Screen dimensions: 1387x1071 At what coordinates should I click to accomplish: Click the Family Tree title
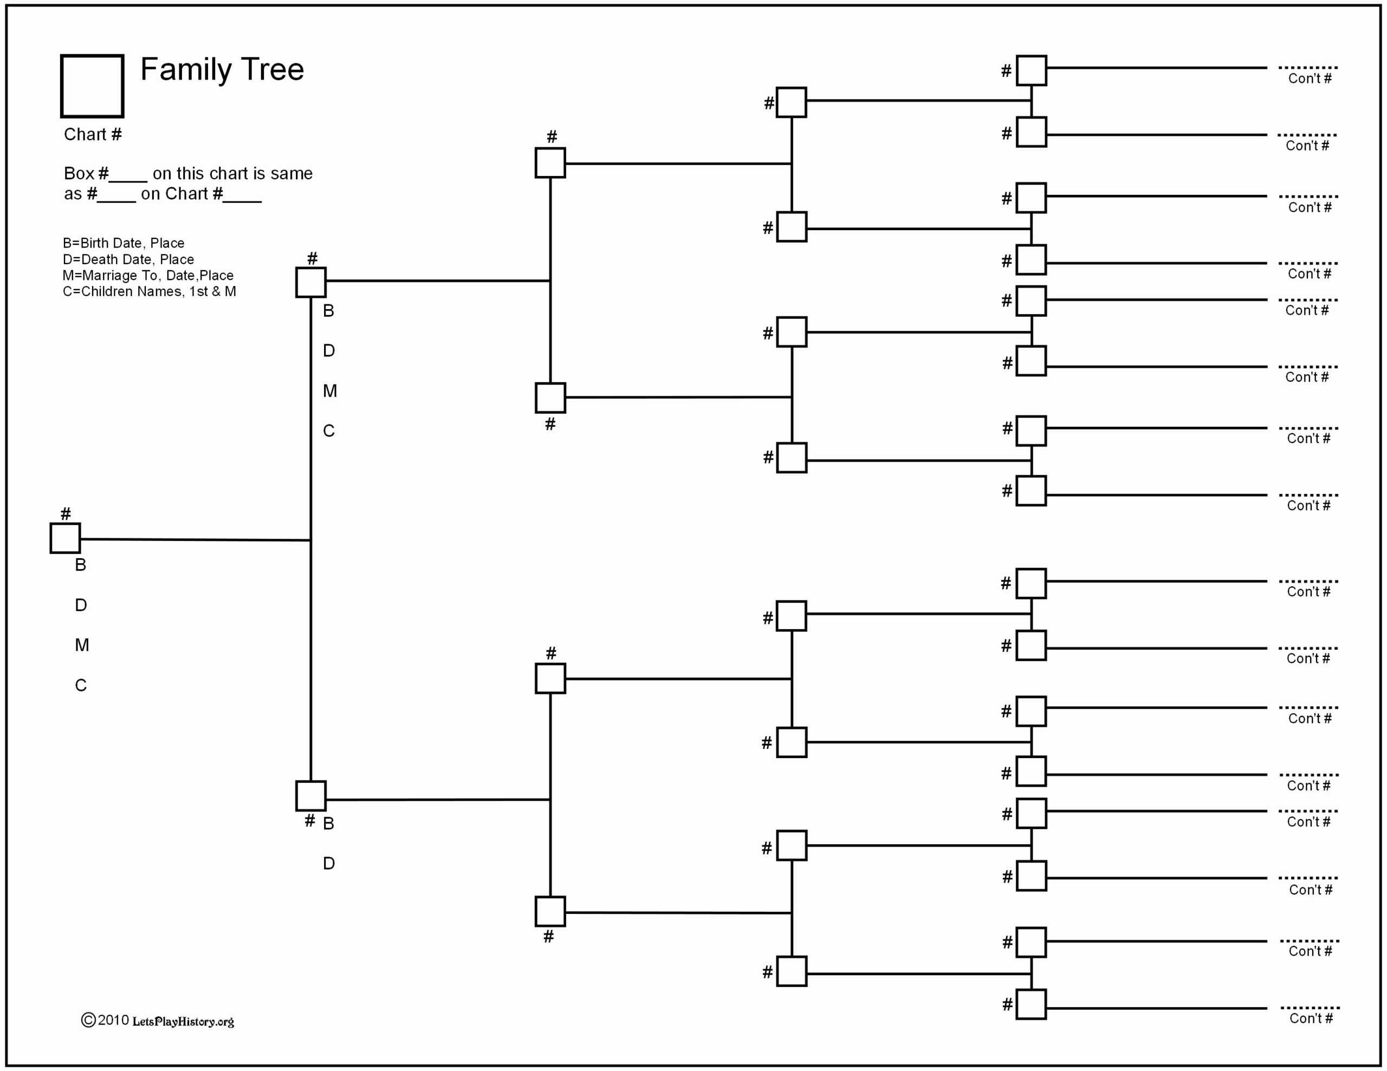pyautogui.click(x=222, y=69)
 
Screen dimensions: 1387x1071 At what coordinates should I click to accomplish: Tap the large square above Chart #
pyautogui.click(x=92, y=56)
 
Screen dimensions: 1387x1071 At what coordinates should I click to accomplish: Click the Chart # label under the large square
pyautogui.click(x=93, y=135)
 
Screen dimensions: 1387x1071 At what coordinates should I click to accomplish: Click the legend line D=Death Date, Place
pyautogui.click(x=128, y=259)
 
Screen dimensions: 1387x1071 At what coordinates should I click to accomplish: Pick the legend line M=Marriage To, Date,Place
pyautogui.click(x=148, y=276)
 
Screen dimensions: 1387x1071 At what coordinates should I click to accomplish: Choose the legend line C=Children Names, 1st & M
pyautogui.click(x=149, y=291)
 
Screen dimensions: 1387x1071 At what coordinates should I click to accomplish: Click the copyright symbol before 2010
pyautogui.click(x=88, y=1020)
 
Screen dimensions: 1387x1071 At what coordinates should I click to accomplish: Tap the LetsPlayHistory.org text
pyautogui.click(x=184, y=1022)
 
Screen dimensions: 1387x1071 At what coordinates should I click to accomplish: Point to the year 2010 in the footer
pyautogui.click(x=114, y=1020)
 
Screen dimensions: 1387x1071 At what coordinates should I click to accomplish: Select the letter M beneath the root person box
pyautogui.click(x=82, y=645)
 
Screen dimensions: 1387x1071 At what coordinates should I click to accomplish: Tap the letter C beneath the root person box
pyautogui.click(x=81, y=685)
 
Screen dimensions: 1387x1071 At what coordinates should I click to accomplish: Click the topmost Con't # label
pyautogui.click(x=1310, y=79)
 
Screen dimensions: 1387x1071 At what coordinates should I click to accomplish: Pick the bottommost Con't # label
pyautogui.click(x=1311, y=1018)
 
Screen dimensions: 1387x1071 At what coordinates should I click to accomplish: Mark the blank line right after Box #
pyautogui.click(x=128, y=181)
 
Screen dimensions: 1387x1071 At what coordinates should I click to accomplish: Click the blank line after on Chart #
pyautogui.click(x=243, y=201)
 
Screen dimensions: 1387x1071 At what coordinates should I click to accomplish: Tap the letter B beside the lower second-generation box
pyautogui.click(x=328, y=824)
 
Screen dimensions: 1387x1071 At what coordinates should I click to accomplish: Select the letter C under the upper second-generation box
pyautogui.click(x=328, y=431)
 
